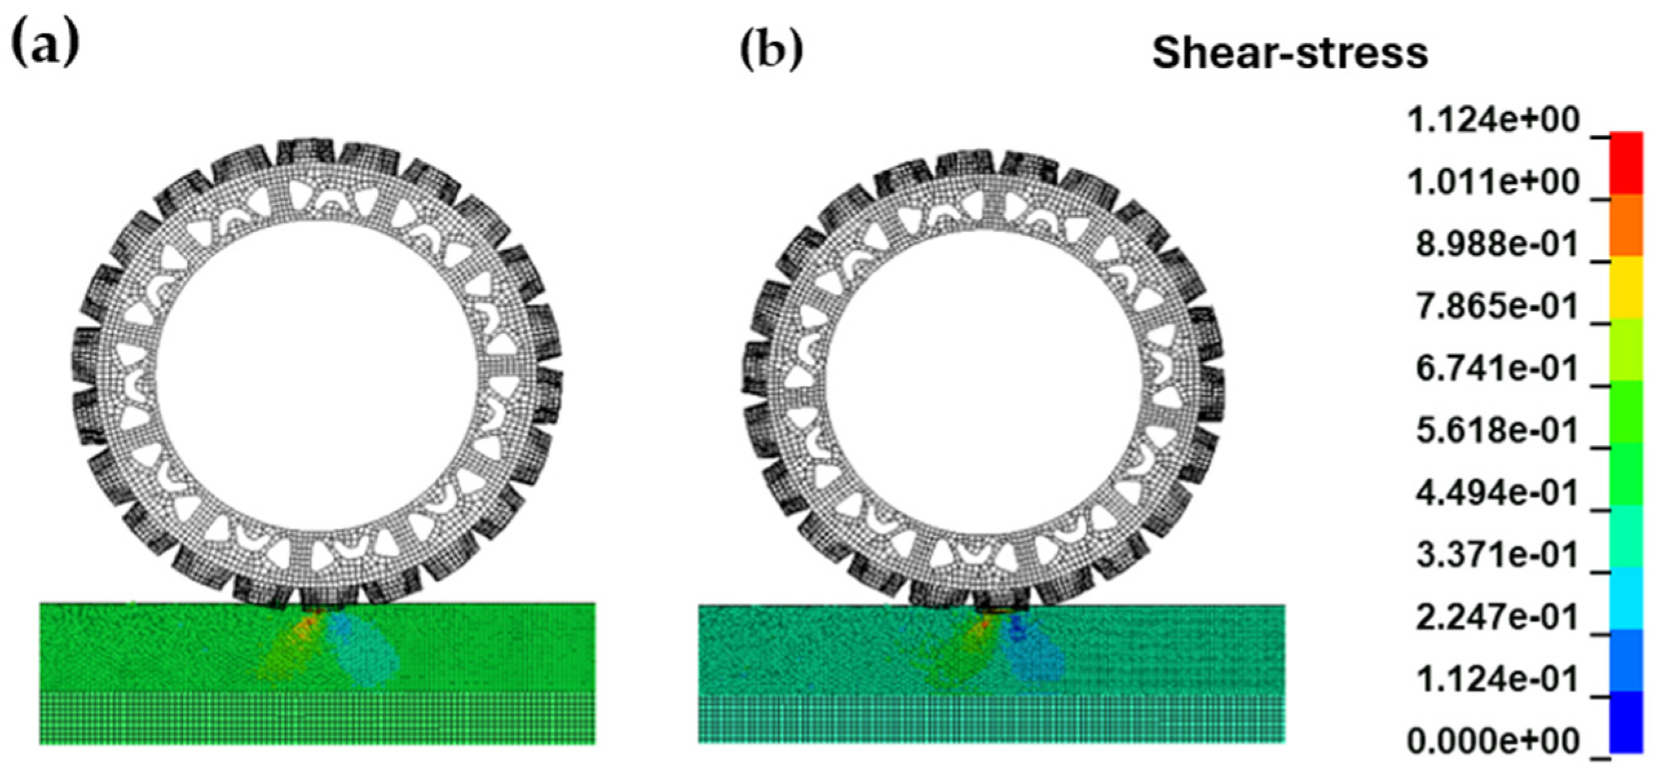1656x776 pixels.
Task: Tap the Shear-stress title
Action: (x=1290, y=53)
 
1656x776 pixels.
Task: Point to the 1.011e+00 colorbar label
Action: (x=1493, y=183)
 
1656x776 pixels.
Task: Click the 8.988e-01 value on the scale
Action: (x=1497, y=245)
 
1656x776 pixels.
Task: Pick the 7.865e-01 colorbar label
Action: (x=1497, y=307)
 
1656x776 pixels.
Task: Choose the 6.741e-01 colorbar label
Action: (x=1497, y=369)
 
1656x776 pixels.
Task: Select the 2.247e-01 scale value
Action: (x=1497, y=618)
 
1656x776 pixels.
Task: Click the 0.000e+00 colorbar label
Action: (x=1493, y=742)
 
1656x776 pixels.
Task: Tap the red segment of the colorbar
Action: (x=1626, y=163)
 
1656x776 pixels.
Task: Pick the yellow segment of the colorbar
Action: (x=1626, y=288)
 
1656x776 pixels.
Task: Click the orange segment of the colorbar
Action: (x=1626, y=226)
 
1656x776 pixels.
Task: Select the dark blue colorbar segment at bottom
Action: (x=1626, y=722)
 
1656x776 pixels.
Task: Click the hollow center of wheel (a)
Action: (x=317, y=375)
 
